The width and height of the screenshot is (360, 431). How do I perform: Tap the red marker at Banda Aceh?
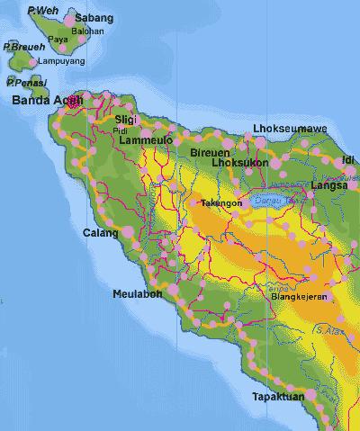(x=74, y=102)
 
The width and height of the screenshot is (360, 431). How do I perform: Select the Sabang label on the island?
(x=94, y=17)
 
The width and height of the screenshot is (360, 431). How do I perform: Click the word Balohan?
(x=87, y=31)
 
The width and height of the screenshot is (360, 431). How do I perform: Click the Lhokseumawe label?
(x=290, y=128)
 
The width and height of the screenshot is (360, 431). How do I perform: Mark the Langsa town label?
(x=321, y=185)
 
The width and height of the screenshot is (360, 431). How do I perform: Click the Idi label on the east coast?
(x=348, y=160)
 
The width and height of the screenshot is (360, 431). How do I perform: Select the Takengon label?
(x=221, y=203)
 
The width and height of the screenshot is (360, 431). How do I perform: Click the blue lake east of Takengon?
(x=272, y=200)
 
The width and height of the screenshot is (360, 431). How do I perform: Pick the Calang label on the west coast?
(x=100, y=233)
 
